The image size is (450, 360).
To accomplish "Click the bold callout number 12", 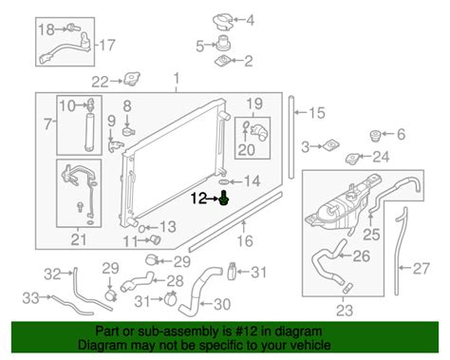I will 197,199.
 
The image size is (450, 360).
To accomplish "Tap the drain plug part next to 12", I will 223,199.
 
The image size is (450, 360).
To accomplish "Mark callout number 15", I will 316,114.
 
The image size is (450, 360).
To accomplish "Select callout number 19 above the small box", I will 254,103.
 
